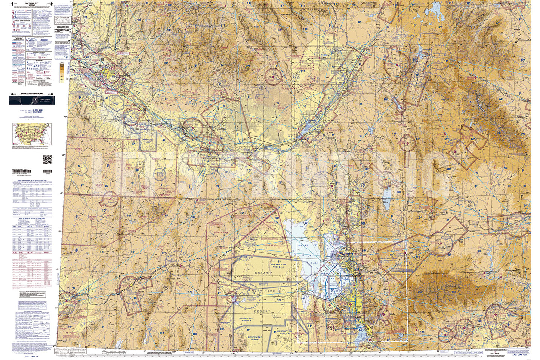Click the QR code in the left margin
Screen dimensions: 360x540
pos(47,160)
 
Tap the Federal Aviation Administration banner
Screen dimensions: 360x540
pos(32,100)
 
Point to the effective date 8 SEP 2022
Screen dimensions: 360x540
pos(38,110)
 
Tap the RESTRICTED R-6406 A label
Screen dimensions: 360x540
pos(246,320)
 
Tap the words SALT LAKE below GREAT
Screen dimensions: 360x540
pos(263,291)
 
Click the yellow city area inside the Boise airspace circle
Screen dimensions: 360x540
pos(110,74)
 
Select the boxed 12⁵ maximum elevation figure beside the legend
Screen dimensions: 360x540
pos(66,58)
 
